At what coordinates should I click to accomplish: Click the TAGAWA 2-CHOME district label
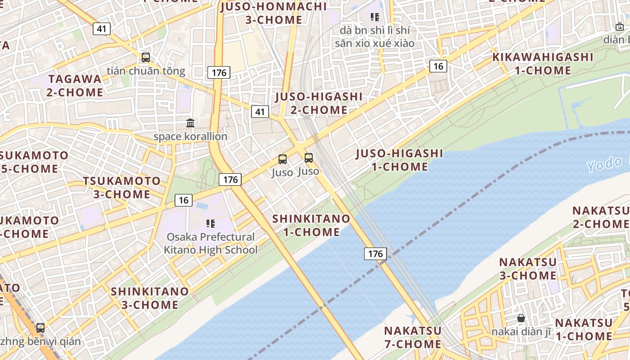[76, 85]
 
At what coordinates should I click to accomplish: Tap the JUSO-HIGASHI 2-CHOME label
[319, 103]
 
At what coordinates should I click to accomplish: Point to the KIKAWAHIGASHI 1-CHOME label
[543, 63]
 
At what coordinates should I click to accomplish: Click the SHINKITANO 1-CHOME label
[311, 225]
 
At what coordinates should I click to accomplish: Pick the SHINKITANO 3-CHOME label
[150, 298]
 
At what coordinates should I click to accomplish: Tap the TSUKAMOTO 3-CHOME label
[121, 188]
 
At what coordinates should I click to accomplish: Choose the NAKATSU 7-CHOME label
[412, 337]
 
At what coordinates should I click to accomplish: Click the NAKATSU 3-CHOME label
[528, 268]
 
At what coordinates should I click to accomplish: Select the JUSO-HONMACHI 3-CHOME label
[274, 13]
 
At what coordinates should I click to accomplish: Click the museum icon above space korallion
[190, 123]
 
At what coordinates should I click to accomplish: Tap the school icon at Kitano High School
[210, 223]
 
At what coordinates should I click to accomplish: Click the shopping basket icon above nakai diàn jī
[521, 318]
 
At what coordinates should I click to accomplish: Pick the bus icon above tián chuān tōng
[146, 58]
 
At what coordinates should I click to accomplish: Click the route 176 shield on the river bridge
[375, 254]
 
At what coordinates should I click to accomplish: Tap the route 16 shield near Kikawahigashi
[437, 67]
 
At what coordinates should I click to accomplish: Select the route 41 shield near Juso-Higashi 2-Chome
[260, 112]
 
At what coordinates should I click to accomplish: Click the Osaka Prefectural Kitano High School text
[211, 243]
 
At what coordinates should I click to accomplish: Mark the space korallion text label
[190, 136]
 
